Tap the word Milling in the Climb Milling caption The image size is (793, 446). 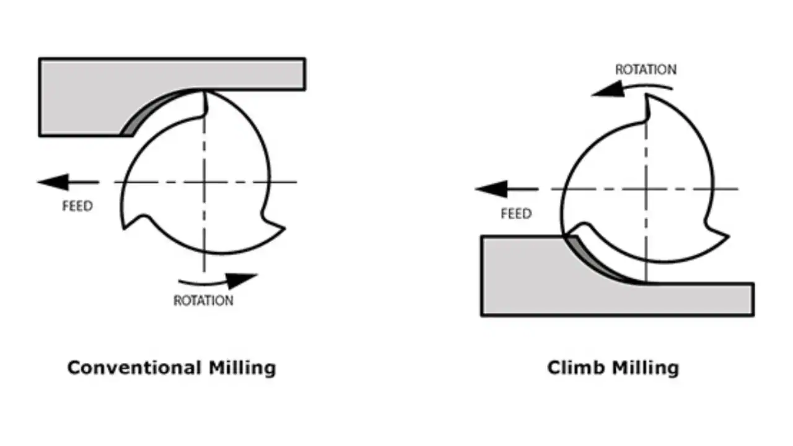click(x=644, y=367)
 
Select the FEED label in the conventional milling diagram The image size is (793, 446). click(x=77, y=206)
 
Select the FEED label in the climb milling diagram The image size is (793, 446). click(x=516, y=214)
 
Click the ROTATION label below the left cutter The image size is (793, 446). click(x=203, y=301)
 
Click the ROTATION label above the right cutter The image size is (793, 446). click(x=646, y=69)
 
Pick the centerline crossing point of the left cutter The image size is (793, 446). click(x=203, y=181)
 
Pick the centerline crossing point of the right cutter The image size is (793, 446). click(x=646, y=188)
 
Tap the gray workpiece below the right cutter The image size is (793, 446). click(x=558, y=291)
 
